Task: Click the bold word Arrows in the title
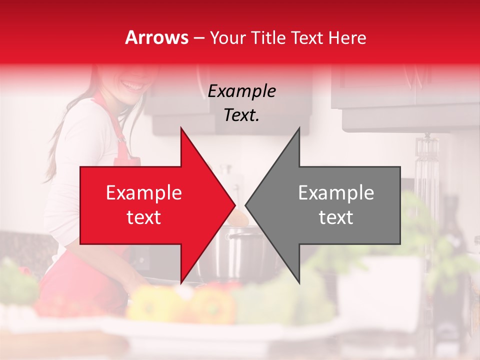[157, 37]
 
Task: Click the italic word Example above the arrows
[241, 91]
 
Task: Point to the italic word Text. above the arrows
[241, 115]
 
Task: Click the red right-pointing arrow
[150, 205]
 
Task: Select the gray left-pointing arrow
[330, 205]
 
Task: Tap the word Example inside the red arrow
[143, 193]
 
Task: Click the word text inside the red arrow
[143, 217]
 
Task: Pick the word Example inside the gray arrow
[336, 193]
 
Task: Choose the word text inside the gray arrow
[336, 217]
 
